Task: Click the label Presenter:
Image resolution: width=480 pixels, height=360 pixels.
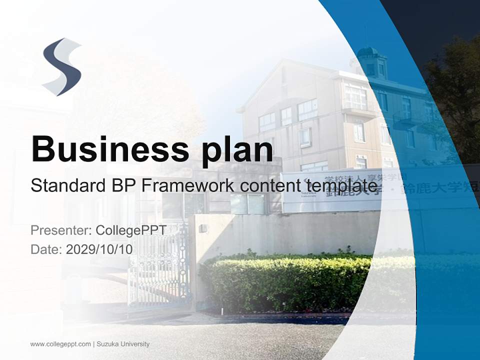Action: coord(60,230)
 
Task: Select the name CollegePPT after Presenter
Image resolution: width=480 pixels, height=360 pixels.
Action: coord(130,230)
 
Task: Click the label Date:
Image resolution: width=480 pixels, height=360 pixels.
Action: coord(46,249)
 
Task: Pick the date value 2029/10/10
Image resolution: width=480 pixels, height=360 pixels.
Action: coord(99,249)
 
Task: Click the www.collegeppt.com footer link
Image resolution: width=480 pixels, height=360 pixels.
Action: coord(60,344)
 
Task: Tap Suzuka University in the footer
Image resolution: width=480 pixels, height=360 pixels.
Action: coord(123,344)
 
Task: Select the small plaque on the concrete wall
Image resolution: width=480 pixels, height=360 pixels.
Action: coord(202,228)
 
